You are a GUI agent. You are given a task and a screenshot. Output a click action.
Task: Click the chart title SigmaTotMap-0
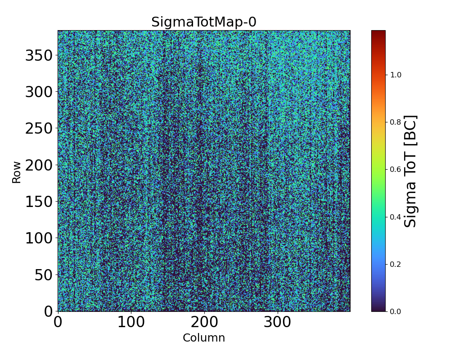point(203,22)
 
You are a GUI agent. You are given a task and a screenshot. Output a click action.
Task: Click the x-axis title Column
point(203,338)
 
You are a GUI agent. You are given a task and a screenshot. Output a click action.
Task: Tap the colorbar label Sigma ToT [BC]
point(410,171)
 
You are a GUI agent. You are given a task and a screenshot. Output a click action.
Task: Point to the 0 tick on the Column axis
point(58,323)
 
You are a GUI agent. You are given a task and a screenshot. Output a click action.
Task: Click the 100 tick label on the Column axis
point(131,323)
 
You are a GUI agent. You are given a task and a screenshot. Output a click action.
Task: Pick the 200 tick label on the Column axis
point(204,323)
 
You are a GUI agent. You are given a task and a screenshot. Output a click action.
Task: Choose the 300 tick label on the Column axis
point(278,323)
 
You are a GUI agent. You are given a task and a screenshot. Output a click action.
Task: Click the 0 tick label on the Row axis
point(48,311)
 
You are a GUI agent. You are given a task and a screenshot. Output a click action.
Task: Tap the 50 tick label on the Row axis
point(43,275)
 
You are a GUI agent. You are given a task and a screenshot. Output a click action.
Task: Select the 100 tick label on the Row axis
point(39,238)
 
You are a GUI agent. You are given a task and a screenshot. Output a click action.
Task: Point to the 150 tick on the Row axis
point(39,202)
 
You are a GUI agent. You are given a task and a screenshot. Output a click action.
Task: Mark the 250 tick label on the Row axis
point(39,128)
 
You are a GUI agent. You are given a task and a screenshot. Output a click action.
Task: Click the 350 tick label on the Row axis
point(39,55)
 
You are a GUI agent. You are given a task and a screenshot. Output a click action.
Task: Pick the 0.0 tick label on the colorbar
point(396,311)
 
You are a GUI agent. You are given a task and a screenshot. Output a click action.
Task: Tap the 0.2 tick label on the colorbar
point(396,264)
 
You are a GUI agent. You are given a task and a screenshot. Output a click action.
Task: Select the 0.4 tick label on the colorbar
point(396,217)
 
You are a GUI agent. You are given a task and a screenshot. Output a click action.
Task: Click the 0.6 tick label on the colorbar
point(396,169)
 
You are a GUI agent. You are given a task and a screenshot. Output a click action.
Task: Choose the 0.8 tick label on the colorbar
point(396,122)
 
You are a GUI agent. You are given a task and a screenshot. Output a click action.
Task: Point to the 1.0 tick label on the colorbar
point(396,75)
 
